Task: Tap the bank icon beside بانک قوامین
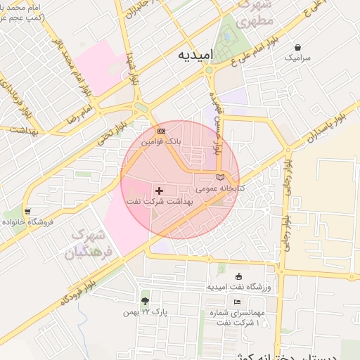[162, 131]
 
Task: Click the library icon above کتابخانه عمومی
[220, 177]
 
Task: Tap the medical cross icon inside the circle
[160, 190]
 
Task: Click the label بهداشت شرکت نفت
[159, 201]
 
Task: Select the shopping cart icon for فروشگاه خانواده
[27, 210]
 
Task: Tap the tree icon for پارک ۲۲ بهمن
[145, 301]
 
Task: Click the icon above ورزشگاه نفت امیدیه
[238, 276]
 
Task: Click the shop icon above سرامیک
[297, 48]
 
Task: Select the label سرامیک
[297, 58]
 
